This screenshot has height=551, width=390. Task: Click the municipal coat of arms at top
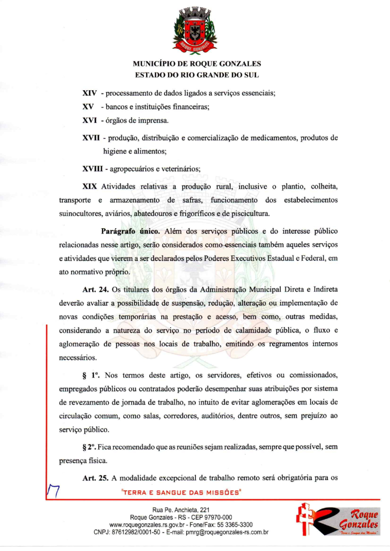coord(195,30)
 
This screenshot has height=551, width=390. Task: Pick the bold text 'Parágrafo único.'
coord(129,230)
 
